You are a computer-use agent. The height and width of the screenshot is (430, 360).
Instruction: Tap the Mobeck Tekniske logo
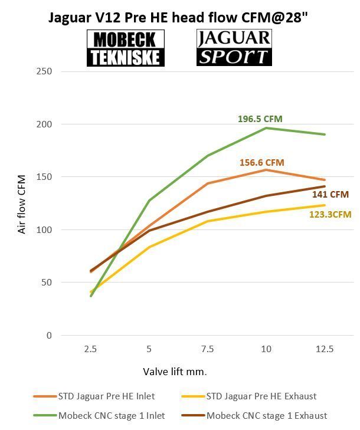pos(126,48)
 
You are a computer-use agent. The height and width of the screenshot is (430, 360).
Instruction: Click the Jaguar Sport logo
pos(234,47)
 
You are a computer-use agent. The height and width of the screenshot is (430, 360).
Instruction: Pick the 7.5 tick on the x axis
pos(208,349)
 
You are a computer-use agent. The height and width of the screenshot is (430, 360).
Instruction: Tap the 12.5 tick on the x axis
pos(325,349)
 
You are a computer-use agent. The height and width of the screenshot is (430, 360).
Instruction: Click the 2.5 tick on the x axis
pos(90,349)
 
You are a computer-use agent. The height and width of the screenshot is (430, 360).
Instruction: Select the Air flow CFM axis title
pos(22,203)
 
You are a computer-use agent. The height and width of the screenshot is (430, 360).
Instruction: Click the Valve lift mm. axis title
pos(175,372)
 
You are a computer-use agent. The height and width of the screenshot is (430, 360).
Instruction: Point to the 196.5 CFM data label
pos(260,119)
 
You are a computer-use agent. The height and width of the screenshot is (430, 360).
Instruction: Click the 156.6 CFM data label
pos(261,162)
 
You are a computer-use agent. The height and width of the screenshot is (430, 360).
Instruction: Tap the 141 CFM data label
pos(330,194)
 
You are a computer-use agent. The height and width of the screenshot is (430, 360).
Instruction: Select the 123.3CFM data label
pos(330,215)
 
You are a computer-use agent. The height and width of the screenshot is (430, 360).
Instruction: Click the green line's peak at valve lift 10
pos(266,128)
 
